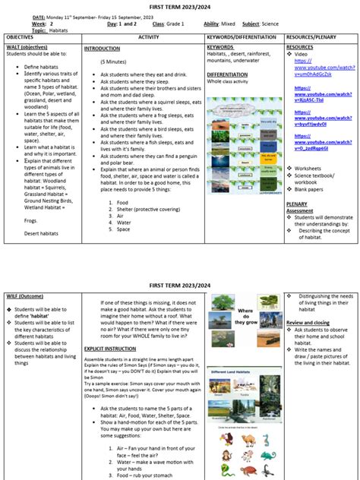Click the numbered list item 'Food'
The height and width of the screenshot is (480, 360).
[x=122, y=203]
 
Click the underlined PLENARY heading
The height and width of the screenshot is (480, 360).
[x=297, y=204]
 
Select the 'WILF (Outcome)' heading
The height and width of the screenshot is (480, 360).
[x=24, y=293]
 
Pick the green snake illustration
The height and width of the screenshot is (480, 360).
[x=266, y=439]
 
